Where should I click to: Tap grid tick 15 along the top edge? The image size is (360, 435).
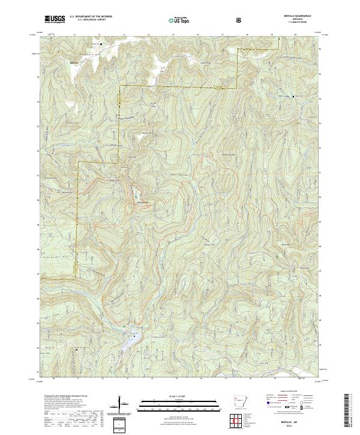click(173, 35)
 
